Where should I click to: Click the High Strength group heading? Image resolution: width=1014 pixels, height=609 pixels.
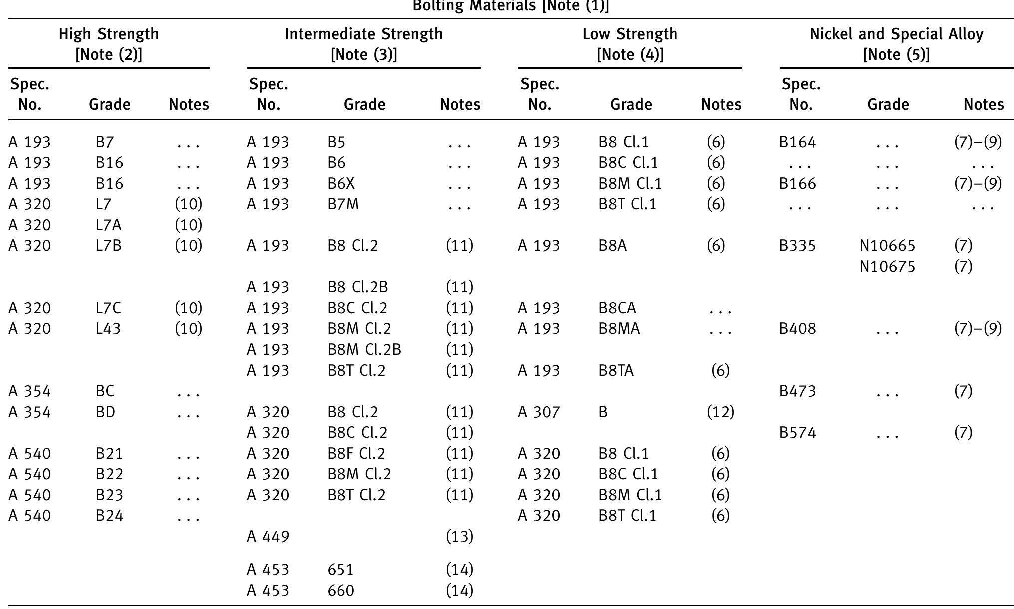coord(109,34)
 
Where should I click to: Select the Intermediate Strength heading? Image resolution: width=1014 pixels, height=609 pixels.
coord(363,34)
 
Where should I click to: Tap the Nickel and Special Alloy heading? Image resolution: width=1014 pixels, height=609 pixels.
coord(896,34)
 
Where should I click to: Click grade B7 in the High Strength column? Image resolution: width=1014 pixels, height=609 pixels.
coord(105,142)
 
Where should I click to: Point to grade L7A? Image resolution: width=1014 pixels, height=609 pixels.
coord(108,225)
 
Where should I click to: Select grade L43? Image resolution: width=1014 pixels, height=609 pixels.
coord(108,329)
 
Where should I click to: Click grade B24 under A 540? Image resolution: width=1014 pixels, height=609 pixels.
coord(109,515)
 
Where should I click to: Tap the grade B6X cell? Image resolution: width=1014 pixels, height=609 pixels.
coord(341,184)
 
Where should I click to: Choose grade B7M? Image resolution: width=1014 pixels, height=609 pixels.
coord(343,204)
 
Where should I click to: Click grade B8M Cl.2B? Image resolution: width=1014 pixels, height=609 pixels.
coord(364,350)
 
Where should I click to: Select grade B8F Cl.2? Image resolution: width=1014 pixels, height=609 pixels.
coord(356,453)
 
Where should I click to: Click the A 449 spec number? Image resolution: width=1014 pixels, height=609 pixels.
coord(268,537)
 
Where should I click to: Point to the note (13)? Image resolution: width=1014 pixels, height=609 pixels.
coord(459,537)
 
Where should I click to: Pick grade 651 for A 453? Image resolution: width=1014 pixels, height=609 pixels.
coord(340,570)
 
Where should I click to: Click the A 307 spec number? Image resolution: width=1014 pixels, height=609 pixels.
coord(539,412)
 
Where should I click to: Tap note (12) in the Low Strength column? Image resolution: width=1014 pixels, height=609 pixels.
coord(720,412)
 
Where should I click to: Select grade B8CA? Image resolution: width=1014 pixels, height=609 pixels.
coord(617,308)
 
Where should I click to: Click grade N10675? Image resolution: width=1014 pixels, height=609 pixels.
coord(887,267)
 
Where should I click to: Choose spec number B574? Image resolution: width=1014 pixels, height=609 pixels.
coord(797,433)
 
